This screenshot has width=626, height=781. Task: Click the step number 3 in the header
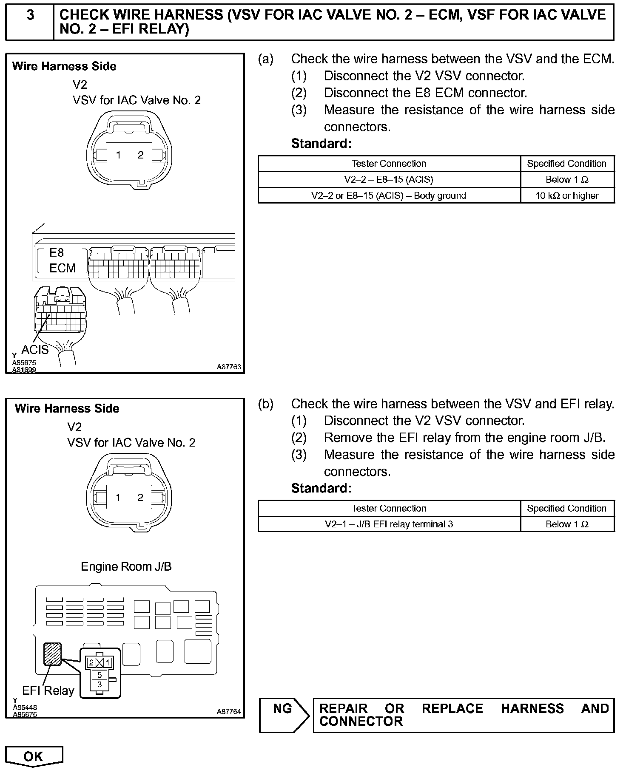point(31,15)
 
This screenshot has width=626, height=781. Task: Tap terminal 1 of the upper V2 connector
point(118,155)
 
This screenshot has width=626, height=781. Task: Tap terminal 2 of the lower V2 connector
point(140,498)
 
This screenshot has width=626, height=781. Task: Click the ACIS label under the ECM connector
point(35,350)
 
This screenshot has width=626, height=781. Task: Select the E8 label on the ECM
point(57,253)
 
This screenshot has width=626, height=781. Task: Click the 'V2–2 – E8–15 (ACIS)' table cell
point(389,180)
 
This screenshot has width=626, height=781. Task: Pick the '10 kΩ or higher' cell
point(567,196)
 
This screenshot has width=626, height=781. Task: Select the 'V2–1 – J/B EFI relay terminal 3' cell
point(389,524)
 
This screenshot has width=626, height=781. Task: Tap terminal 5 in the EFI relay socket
point(100,675)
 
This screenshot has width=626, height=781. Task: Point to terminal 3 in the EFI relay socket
point(100,684)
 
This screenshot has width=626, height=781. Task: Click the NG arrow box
point(284,716)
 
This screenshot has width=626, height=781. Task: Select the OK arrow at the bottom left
point(34,756)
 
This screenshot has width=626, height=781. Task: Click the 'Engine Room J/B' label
point(126,566)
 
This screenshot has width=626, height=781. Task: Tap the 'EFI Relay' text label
point(48,690)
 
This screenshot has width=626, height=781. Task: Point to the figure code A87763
point(229,367)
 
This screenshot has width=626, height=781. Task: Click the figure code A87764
point(229,712)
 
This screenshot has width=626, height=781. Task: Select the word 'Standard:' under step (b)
point(321,489)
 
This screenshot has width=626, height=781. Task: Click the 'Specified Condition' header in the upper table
point(566,164)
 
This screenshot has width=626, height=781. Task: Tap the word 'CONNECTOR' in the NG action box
point(361,722)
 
